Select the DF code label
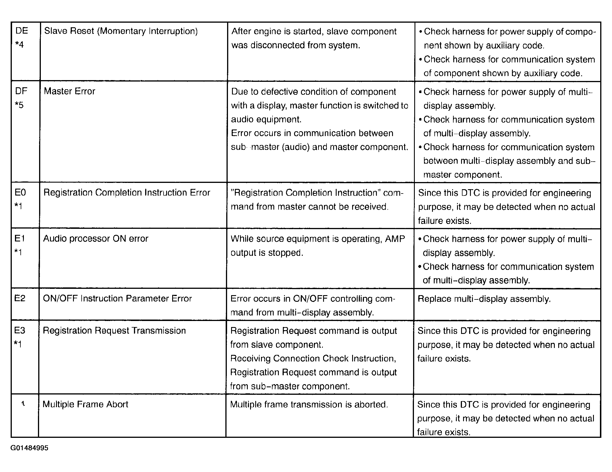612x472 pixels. click(21, 91)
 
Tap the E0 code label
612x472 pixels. click(20, 192)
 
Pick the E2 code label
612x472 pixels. click(20, 298)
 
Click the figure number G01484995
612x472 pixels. click(29, 448)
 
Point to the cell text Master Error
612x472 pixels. click(69, 91)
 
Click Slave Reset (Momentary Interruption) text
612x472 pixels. click(121, 31)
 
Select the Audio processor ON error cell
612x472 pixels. click(95, 239)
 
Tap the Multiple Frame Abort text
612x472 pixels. click(85, 404)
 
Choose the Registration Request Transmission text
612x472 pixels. click(114, 330)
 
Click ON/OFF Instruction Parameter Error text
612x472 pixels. click(117, 299)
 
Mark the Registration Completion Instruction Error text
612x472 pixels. click(127, 192)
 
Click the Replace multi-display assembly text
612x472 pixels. click(484, 299)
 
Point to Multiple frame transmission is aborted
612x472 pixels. click(309, 405)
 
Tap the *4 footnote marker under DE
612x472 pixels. click(19, 45)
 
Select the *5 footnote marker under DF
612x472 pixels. click(19, 105)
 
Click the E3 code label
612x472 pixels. click(20, 330)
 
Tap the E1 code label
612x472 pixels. click(20, 238)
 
